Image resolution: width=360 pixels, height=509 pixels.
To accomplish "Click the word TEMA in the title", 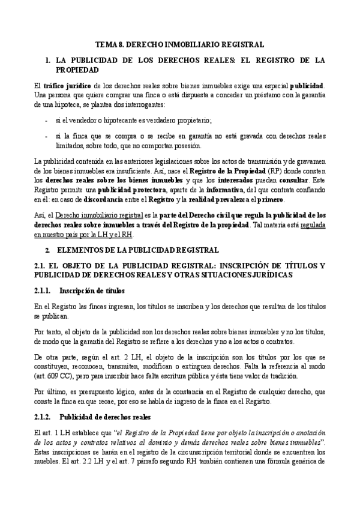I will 107,44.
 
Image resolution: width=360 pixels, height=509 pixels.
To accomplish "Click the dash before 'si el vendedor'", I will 47,119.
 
